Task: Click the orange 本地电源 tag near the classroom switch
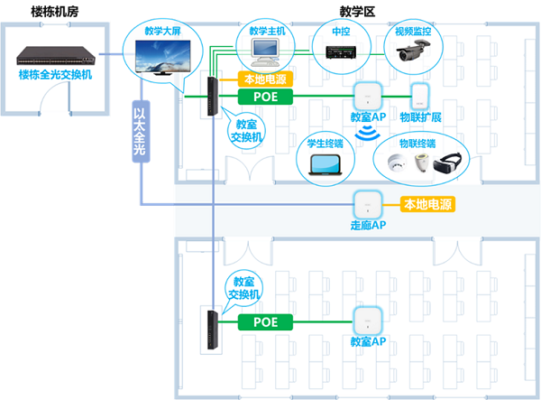point(265,79)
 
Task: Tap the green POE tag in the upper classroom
point(265,96)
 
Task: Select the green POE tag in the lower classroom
point(265,321)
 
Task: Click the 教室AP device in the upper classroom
point(366,96)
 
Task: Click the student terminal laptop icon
point(324,163)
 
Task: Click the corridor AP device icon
point(367,204)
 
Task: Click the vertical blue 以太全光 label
point(139,135)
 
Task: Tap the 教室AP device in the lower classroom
point(366,321)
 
